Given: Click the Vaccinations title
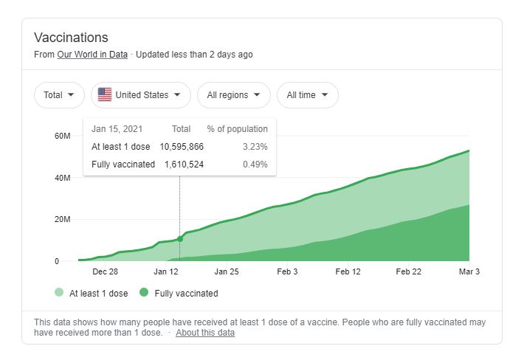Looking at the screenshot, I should [x=71, y=38].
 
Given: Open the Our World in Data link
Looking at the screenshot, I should [x=92, y=55].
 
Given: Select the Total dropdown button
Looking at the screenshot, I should [x=59, y=95].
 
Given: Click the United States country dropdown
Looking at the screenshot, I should [x=141, y=95].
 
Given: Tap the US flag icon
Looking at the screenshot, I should [x=105, y=95].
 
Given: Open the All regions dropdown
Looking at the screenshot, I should [x=233, y=95].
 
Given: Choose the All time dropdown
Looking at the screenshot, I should [x=307, y=95].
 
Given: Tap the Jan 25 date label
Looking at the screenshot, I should [x=227, y=271].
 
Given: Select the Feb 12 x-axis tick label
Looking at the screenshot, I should [x=348, y=271].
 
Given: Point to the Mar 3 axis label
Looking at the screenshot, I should [x=469, y=271].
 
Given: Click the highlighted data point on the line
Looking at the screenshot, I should [x=180, y=239].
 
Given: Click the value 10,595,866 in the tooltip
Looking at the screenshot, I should [x=182, y=147].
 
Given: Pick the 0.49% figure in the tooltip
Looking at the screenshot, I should [x=255, y=164].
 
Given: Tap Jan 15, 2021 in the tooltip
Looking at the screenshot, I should [x=117, y=129].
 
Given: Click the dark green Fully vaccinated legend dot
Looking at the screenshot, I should [x=144, y=293].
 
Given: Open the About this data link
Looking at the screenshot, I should [x=205, y=333].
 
